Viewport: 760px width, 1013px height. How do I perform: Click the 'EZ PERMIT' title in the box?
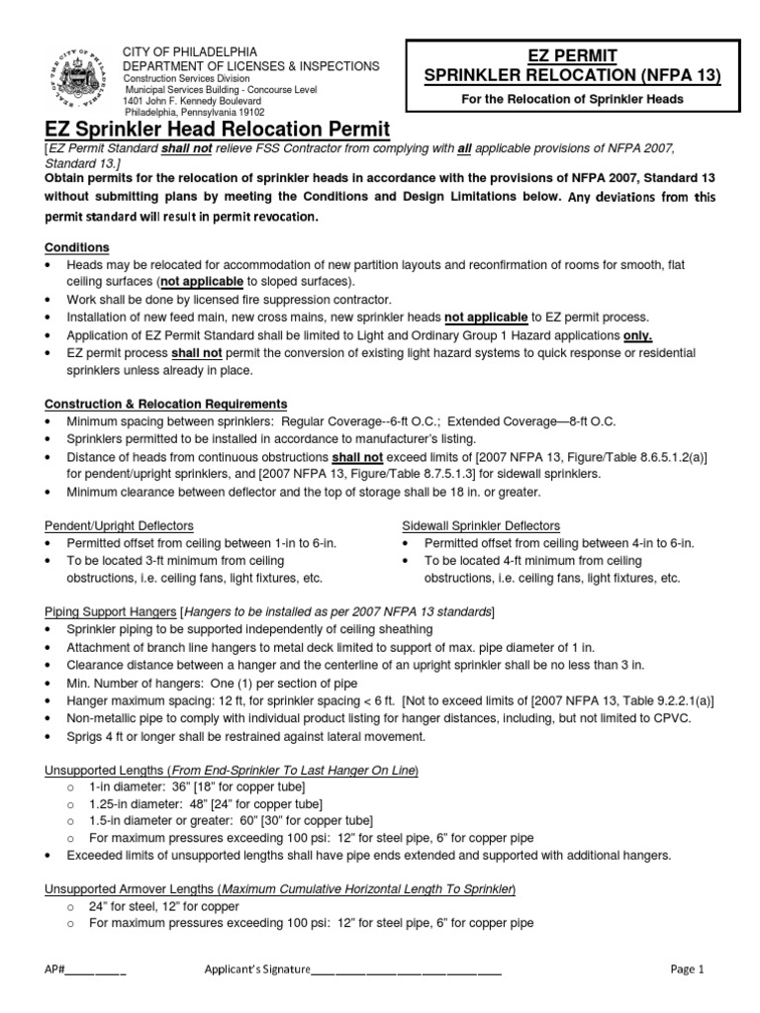tap(574, 56)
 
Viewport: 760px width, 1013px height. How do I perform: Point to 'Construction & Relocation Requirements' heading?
tap(166, 404)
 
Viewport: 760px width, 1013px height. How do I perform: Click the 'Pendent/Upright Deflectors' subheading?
tap(119, 525)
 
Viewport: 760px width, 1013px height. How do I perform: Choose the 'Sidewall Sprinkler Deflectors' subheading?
tap(481, 525)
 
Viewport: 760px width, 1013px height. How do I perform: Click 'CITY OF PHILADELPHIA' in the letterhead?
tap(189, 51)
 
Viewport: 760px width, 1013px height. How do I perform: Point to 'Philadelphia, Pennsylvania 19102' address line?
tap(196, 112)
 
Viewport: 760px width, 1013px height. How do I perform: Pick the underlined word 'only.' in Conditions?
tap(635, 335)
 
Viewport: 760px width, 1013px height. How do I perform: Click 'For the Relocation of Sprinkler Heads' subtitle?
tap(574, 100)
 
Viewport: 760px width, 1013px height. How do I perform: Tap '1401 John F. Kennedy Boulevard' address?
tap(193, 101)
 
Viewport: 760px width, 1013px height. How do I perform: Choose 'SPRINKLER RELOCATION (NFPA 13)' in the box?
tap(574, 75)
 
